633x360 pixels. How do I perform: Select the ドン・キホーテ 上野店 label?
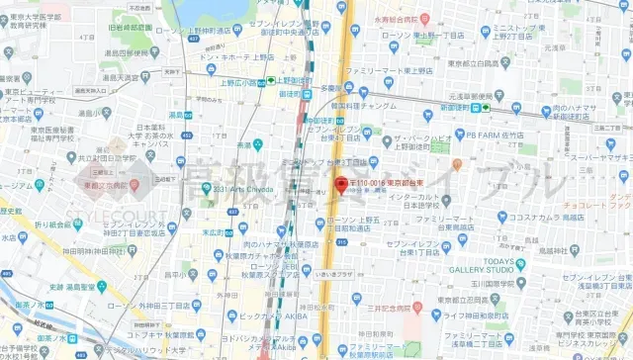(x=237, y=56)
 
